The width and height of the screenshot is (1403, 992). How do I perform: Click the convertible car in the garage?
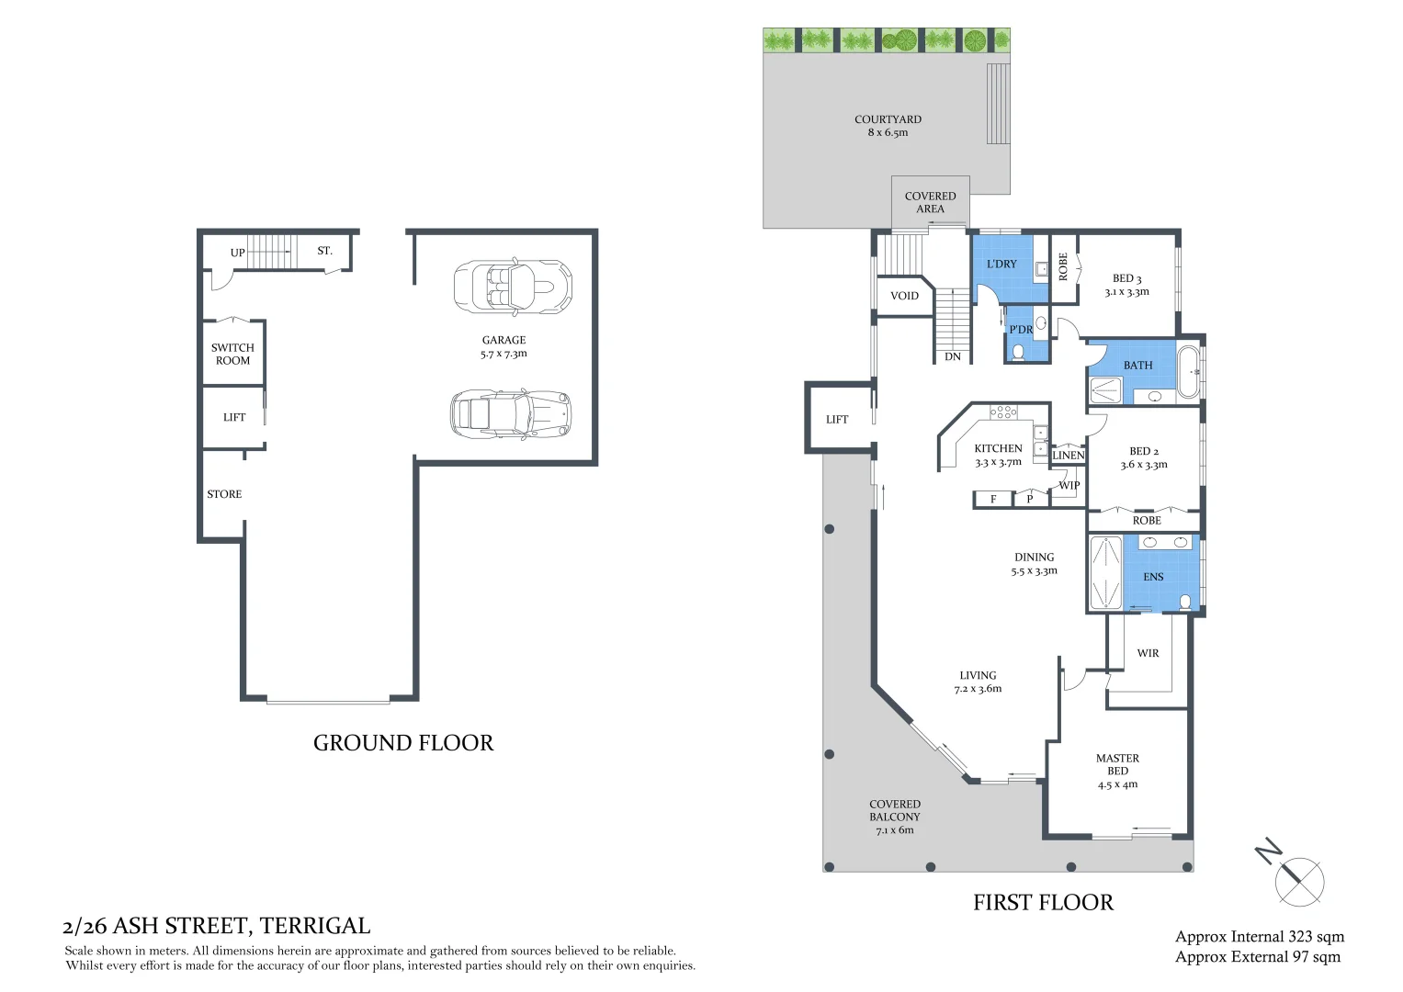512,286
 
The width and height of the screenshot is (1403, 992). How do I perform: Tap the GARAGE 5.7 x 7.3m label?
503,346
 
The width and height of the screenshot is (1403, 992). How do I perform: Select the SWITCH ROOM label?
232,354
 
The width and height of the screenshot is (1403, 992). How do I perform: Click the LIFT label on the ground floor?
234,417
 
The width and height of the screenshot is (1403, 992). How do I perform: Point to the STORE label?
224,494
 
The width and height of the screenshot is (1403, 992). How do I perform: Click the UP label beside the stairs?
238,253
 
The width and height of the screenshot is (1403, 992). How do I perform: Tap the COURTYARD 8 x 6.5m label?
888,126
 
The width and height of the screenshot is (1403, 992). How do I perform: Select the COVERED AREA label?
930,202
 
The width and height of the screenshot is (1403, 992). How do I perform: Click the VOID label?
904,296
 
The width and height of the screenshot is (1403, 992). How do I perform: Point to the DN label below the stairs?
953,356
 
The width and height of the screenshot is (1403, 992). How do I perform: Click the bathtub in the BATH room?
1189,372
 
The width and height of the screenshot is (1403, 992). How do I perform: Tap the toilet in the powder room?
1018,352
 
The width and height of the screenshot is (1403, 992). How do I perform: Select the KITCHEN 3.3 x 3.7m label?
998,456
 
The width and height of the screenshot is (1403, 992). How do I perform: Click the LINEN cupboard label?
1068,455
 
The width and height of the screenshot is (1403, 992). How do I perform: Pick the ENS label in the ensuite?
1153,577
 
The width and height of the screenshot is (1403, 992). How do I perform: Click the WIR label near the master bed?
1148,653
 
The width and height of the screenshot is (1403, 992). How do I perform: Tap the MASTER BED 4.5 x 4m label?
1117,772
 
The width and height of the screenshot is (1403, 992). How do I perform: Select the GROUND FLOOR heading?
403,743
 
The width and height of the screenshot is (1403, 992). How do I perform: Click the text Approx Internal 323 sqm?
1259,937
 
